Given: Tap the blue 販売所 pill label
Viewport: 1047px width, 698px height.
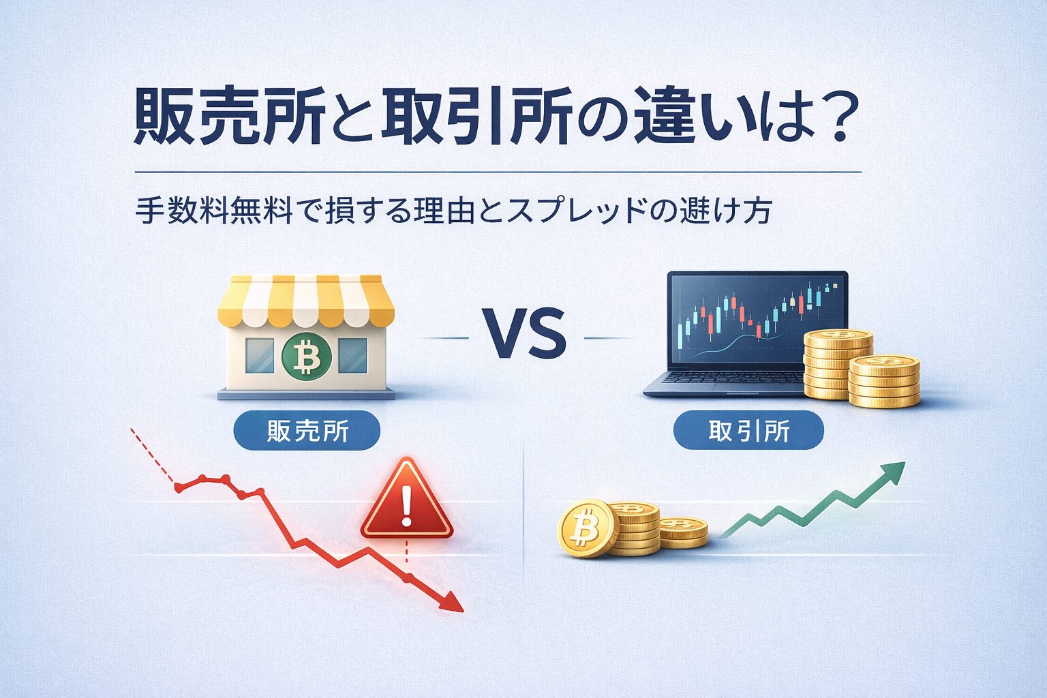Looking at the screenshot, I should coord(307,431).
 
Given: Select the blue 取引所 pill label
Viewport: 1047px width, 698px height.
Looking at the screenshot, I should coord(748,431).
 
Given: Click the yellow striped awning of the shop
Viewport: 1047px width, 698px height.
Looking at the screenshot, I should coord(305,300).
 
